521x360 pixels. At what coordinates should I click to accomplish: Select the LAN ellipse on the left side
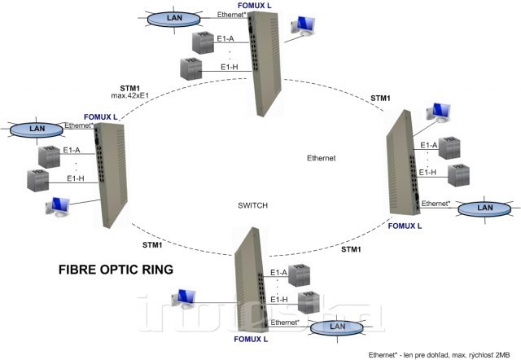36,129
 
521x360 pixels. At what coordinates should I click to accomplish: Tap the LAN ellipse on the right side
484,208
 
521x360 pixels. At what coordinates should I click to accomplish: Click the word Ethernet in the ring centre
322,156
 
